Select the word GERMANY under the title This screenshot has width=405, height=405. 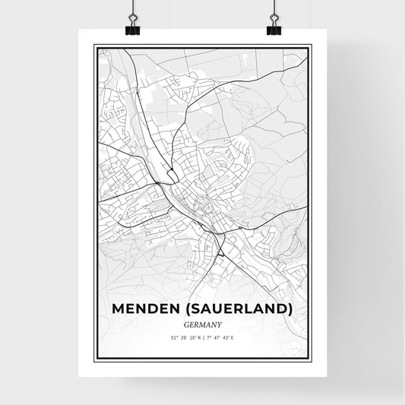click(x=202, y=324)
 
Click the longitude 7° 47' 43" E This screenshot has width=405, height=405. click(x=220, y=337)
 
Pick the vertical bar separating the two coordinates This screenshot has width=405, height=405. click(x=202, y=337)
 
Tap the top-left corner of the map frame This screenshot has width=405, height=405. click(x=94, y=46)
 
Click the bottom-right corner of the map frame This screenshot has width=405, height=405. click(x=311, y=359)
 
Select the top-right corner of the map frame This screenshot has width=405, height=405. click(x=311, y=46)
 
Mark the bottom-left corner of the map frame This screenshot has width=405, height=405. click(x=94, y=359)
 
